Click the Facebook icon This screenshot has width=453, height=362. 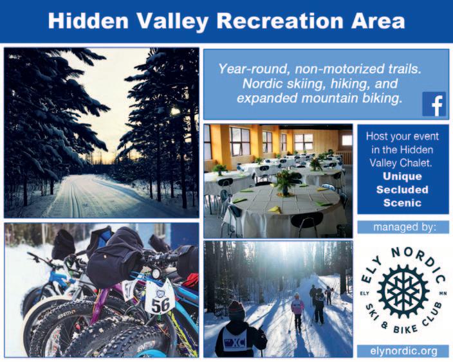pyautogui.click(x=434, y=104)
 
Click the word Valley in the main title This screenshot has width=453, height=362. pyautogui.click(x=172, y=22)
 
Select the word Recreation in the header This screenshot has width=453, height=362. pyautogui.click(x=280, y=21)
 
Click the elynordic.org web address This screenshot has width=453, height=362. pyautogui.click(x=403, y=351)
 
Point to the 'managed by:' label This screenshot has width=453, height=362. pyautogui.click(x=403, y=227)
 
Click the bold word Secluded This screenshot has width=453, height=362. pyautogui.click(x=402, y=190)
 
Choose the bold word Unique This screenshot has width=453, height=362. pyautogui.click(x=402, y=176)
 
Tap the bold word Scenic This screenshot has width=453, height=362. pyautogui.click(x=402, y=203)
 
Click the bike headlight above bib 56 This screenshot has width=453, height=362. pyautogui.click(x=156, y=273)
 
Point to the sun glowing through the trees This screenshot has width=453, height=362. pyautogui.click(x=174, y=111)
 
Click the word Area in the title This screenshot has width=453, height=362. pyautogui.click(x=378, y=21)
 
